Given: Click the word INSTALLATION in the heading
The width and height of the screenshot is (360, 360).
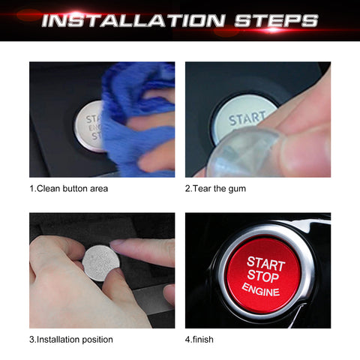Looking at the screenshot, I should pyautogui.click(x=133, y=20).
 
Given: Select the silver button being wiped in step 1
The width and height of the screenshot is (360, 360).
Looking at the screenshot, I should pyautogui.click(x=88, y=125).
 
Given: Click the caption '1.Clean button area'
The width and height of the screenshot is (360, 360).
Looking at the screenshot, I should pyautogui.click(x=69, y=188).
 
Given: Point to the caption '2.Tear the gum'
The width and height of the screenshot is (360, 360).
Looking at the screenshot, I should pyautogui.click(x=215, y=188).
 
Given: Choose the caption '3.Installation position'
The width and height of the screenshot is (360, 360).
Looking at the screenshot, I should pyautogui.click(x=71, y=339).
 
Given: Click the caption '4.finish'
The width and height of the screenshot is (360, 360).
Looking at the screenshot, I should pyautogui.click(x=199, y=339).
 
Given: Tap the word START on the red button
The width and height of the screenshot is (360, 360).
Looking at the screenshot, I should pyautogui.click(x=266, y=263).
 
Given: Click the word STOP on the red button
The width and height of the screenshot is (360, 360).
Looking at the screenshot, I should pyautogui.click(x=263, y=277).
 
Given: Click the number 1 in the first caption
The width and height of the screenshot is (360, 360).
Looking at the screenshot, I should pyautogui.click(x=32, y=188).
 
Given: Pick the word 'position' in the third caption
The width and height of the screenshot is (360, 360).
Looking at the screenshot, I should pyautogui.click(x=97, y=339).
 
